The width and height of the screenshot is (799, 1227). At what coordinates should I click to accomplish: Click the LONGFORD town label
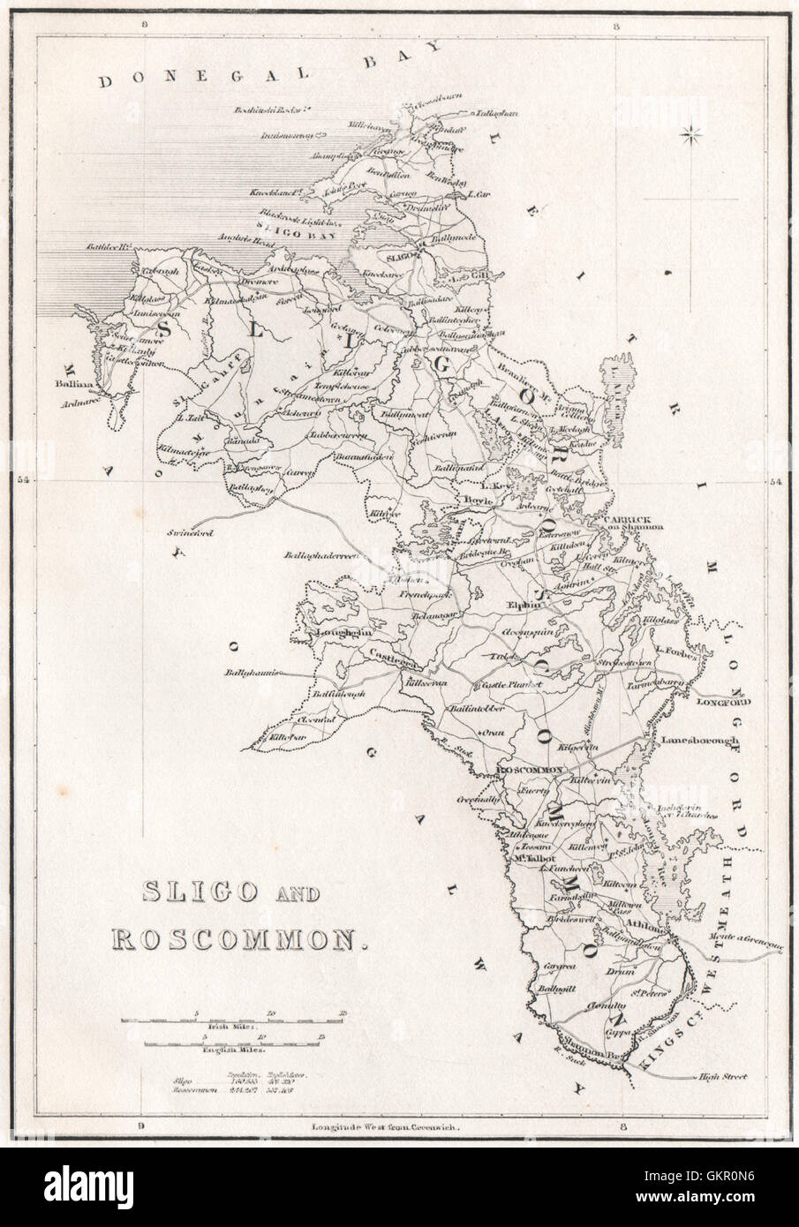pos(722,704)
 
